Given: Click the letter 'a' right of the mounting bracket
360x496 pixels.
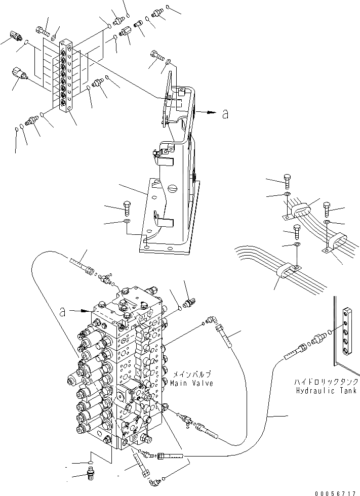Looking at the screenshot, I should pos(225,114).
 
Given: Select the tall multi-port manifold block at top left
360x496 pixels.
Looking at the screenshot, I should pos(66,76).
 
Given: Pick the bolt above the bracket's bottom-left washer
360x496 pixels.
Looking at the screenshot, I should pos(127,206).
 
